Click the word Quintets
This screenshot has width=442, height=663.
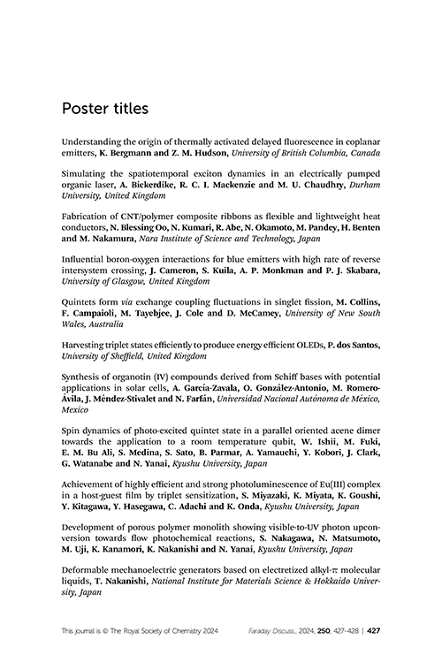80,299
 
